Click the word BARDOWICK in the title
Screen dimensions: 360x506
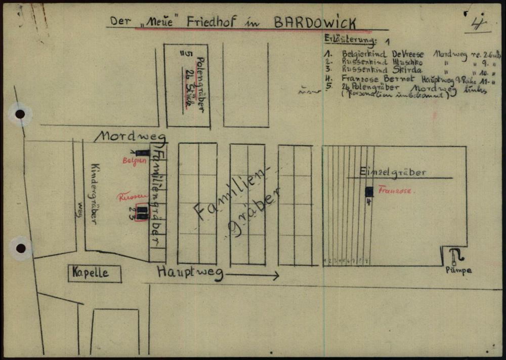(x=315, y=23)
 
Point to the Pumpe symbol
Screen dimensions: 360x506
(x=457, y=256)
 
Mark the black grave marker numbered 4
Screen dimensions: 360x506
(x=369, y=192)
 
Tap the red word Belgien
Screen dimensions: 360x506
(x=134, y=161)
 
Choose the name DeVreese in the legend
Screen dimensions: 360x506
(x=406, y=53)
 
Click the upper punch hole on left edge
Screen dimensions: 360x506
(x=20, y=114)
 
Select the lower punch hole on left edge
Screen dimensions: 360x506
(x=20, y=248)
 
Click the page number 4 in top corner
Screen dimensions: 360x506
(x=477, y=23)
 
